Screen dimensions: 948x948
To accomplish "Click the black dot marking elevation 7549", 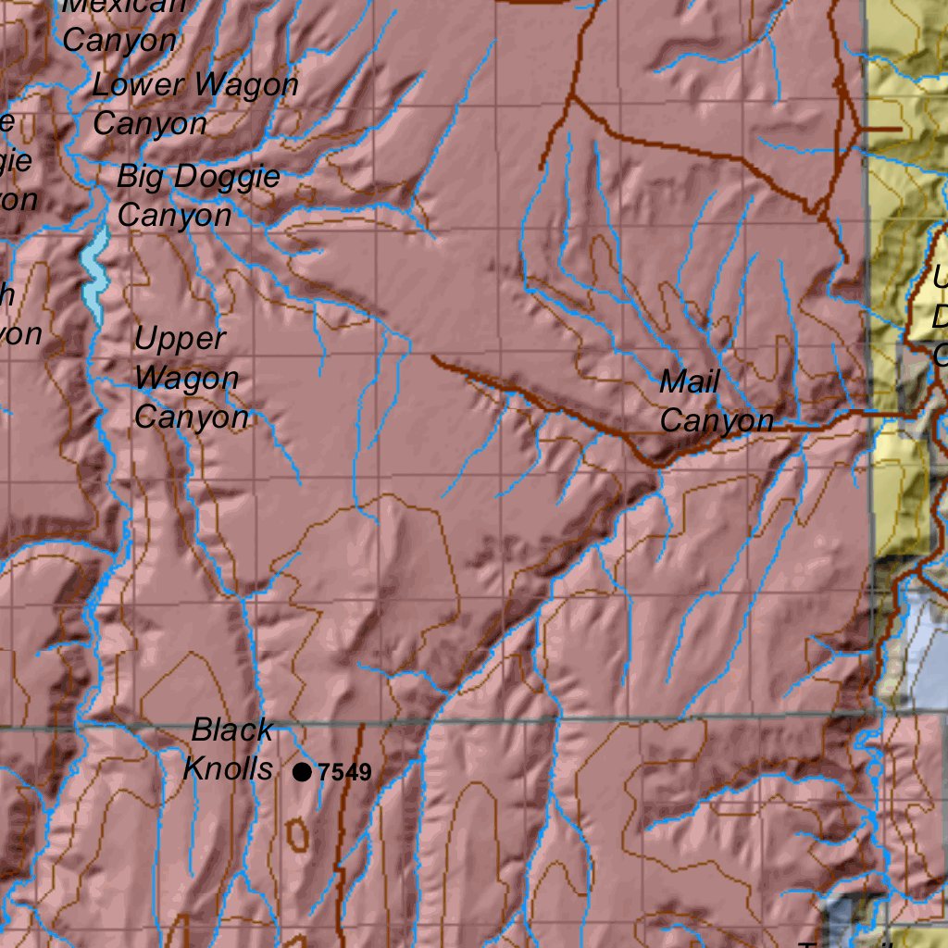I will coord(302,771).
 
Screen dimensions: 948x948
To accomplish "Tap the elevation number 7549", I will coord(344,772).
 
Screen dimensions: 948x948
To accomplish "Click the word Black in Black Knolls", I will coord(232,730).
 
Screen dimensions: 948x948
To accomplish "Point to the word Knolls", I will coord(228,768).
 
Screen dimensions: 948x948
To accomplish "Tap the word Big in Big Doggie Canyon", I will coord(139,177).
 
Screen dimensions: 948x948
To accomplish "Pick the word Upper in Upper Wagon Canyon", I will coord(180,339).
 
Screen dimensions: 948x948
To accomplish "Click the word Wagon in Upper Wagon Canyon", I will coord(186,378).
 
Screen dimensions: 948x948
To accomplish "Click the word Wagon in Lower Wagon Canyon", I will coord(246,85).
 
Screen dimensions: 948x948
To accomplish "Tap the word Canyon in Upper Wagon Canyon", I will coord(191,418).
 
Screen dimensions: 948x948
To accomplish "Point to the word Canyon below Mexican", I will coord(119,41).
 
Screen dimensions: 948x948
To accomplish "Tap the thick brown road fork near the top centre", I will coord(571,96).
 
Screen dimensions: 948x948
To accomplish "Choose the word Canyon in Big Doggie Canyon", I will coord(174,216).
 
